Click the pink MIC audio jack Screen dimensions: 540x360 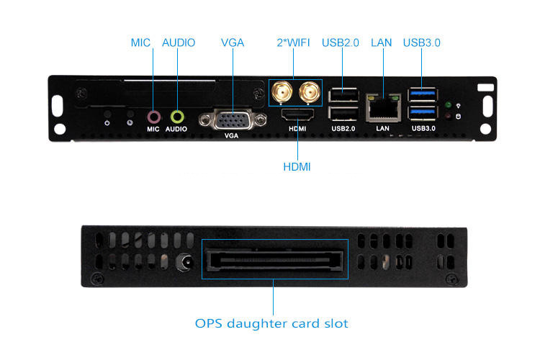153,117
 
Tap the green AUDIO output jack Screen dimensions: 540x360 177,117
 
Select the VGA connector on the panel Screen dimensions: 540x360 233,120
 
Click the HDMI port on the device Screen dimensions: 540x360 297,114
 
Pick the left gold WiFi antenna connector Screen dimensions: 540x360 282,92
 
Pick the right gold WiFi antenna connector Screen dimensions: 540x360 310,92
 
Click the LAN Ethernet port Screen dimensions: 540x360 383,108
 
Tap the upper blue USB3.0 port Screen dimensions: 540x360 423,94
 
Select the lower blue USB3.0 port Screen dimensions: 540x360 423,112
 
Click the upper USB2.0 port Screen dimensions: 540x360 343,95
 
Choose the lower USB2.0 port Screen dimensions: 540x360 343,113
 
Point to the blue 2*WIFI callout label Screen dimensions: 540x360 294,42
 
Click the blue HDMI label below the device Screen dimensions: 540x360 297,167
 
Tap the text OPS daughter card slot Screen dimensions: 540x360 271,323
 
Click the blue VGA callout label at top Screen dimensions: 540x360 233,42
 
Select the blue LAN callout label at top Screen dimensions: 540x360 381,42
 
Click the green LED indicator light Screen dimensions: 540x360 448,104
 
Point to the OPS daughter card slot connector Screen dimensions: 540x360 274,259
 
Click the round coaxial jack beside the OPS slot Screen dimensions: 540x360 185,263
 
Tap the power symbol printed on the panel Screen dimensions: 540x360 107,123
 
